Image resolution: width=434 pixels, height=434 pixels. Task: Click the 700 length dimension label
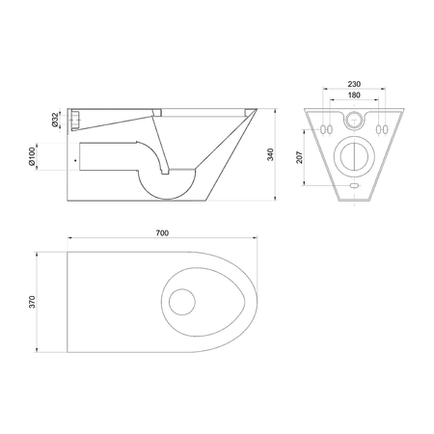(162, 233)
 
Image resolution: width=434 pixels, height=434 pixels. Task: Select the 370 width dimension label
(32, 302)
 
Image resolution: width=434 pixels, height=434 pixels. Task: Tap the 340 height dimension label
(271, 154)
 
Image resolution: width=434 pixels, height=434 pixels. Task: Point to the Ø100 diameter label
(32, 156)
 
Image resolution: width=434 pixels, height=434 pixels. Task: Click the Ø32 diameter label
(55, 119)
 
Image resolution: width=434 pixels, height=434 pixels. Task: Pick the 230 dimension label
(354, 84)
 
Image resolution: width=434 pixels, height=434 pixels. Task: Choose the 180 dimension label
(354, 95)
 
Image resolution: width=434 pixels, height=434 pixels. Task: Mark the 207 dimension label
(299, 157)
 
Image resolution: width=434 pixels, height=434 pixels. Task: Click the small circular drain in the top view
(182, 302)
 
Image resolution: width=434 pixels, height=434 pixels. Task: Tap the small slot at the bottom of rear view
(354, 185)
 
